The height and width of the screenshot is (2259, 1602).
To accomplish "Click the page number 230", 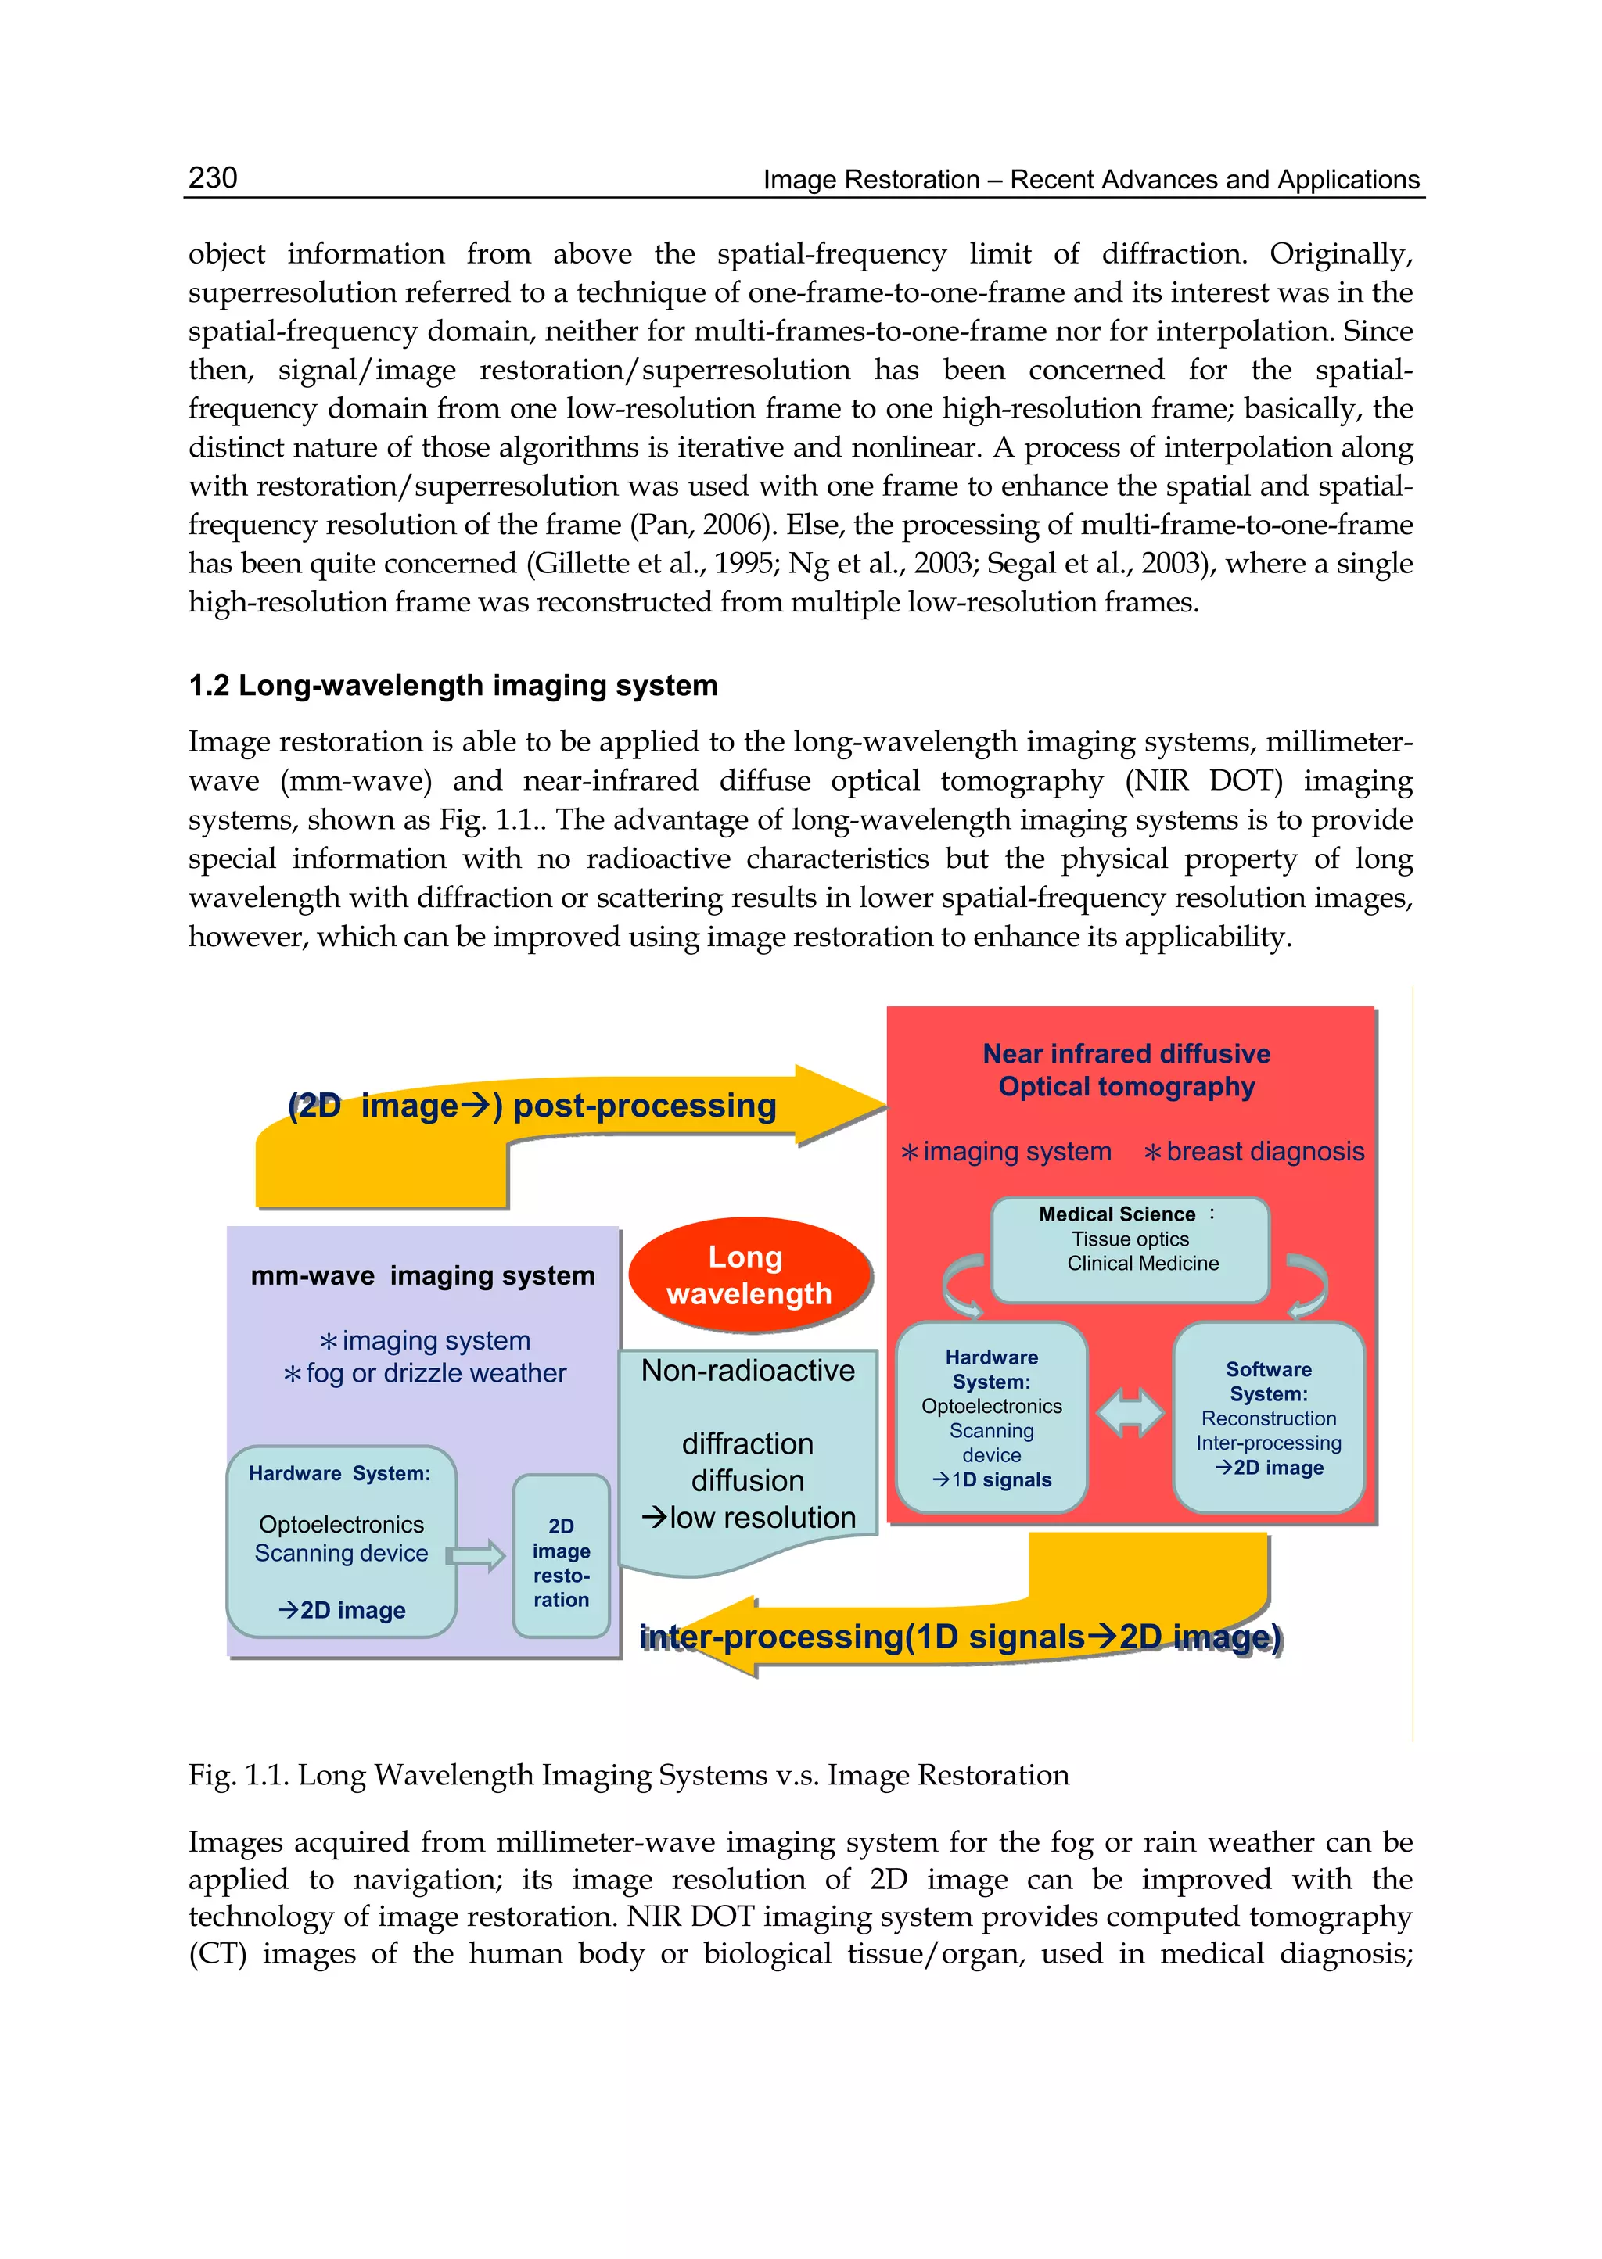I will [212, 177].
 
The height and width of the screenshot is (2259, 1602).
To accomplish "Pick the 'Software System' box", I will [1269, 1417].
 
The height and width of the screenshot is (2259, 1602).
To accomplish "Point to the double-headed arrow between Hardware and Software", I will [1130, 1414].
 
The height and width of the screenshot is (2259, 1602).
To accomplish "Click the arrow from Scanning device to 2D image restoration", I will [476, 1556].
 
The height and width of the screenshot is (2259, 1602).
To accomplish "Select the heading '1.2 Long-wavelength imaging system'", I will [453, 685].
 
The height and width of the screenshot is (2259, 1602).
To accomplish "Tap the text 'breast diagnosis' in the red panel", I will [1263, 1152].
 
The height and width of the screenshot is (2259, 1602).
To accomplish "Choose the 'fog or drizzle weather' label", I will [434, 1374].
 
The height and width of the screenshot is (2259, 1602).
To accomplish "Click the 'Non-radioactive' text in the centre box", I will [748, 1371].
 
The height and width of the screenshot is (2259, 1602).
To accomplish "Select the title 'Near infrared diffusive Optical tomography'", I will [1126, 1070].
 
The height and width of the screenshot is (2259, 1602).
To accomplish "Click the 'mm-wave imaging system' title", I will [422, 1276].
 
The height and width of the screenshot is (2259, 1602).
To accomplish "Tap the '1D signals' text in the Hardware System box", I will [1000, 1480].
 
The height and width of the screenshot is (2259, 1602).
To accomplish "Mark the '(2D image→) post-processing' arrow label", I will [533, 1106].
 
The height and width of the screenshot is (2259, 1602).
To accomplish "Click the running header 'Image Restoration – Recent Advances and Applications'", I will [1091, 180].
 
